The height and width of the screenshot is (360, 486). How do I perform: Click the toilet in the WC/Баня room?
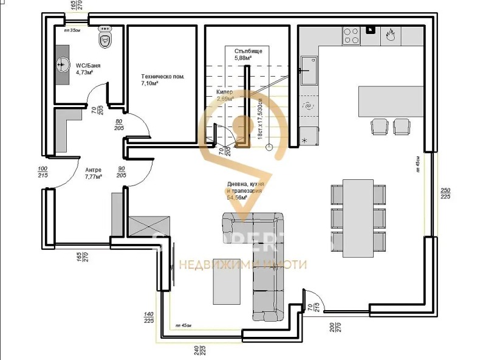pos(105,40)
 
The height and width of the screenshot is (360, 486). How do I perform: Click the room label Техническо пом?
pos(162,80)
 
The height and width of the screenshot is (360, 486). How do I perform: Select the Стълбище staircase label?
pos(248,55)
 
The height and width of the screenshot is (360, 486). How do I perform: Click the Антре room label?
pos(93,173)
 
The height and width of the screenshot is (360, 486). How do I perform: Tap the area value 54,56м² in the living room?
pos(238,198)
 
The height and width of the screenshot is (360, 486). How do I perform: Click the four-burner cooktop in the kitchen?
pos(352,35)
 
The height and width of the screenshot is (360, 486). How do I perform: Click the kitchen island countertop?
pos(391,102)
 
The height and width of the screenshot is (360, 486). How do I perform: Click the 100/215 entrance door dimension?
pos(42,172)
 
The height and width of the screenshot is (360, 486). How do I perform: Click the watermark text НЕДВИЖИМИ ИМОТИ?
pos(243,264)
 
